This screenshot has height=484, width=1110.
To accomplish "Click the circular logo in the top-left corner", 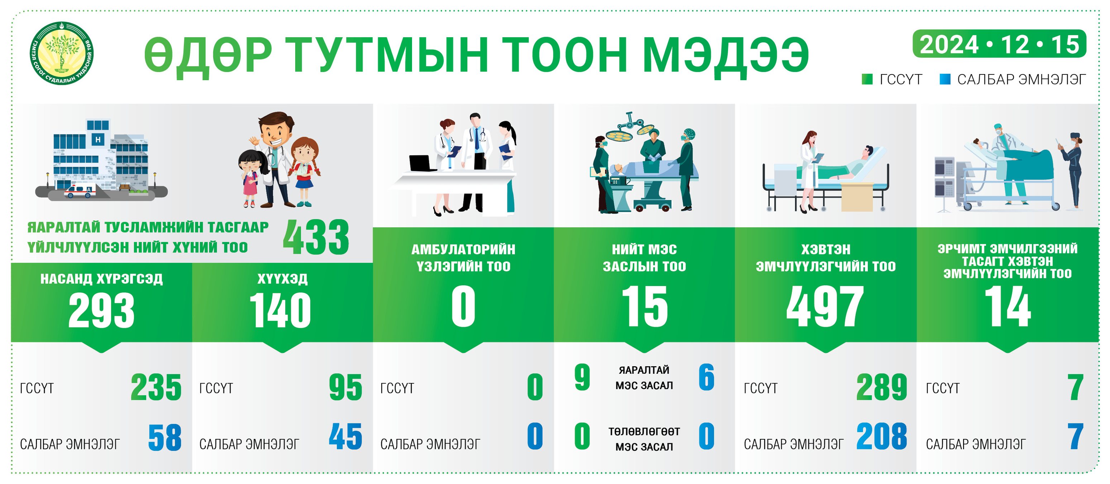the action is point(61,53).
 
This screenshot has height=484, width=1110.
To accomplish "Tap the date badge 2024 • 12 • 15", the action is point(999,44).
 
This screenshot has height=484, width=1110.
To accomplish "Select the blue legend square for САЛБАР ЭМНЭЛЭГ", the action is point(945,79).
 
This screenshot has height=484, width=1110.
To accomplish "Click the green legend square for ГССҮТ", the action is point(867,79).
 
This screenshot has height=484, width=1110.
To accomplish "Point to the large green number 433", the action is point(316,237).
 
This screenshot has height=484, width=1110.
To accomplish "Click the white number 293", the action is point(101,310).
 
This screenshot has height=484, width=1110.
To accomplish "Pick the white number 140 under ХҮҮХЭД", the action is point(280,310).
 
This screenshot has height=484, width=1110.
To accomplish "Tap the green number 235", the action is point(156,388).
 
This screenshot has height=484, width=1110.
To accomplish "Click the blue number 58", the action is point(164,437).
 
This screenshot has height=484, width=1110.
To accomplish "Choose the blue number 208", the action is point(882,436).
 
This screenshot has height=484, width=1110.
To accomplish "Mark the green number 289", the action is point(882,387).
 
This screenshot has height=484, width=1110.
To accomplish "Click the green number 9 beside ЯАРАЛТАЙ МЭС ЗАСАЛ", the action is point(582,377).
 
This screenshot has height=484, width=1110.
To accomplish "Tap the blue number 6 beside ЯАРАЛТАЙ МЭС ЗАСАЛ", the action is point(706,377).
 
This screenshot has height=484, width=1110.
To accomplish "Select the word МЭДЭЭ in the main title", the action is point(726,55).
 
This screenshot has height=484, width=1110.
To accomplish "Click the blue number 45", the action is point(345,436).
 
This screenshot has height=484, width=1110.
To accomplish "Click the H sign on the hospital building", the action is point(98,139).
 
